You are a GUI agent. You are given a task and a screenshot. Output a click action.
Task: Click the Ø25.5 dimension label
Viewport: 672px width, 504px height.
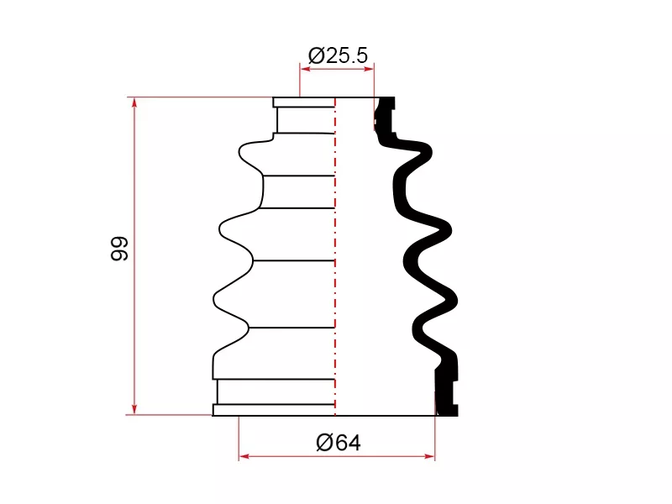pyautogui.click(x=338, y=55)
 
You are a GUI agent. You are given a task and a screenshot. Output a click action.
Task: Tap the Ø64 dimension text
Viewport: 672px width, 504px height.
pyautogui.click(x=339, y=443)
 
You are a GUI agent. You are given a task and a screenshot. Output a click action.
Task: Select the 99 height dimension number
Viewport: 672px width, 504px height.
pyautogui.click(x=119, y=248)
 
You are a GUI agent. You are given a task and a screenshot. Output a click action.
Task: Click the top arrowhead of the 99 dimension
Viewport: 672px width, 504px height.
pyautogui.click(x=134, y=103)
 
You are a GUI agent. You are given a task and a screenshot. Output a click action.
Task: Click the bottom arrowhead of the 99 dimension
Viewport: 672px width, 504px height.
pyautogui.click(x=134, y=409)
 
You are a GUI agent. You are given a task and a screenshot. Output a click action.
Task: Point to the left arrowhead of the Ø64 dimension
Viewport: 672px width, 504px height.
pyautogui.click(x=244, y=456)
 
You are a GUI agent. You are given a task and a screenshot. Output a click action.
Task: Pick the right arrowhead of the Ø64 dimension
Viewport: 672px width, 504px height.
pyautogui.click(x=429, y=456)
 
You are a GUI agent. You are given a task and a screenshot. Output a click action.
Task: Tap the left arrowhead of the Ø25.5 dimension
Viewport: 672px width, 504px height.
pyautogui.click(x=305, y=69)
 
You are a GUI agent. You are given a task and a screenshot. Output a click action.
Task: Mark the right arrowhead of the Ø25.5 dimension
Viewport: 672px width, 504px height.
pyautogui.click(x=369, y=69)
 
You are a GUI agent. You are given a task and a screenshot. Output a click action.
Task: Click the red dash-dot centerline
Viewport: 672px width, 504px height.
pyautogui.click(x=335, y=256)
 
